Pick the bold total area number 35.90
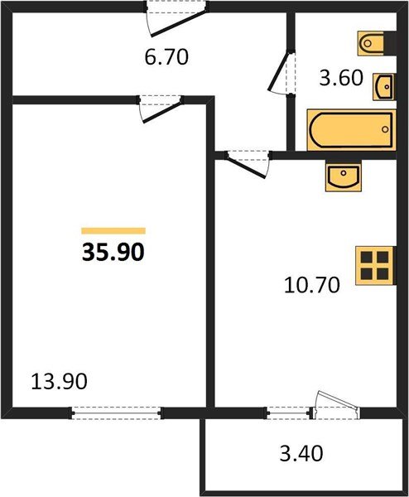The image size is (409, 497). [x=113, y=252]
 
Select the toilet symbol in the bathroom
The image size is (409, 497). [x=371, y=41]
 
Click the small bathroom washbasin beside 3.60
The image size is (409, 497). [x=384, y=84]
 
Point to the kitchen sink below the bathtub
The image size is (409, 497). [x=343, y=176]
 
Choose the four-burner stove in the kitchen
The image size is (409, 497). [x=373, y=266]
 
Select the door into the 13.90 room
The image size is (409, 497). [x=161, y=109]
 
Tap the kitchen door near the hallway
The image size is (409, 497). [x=247, y=161]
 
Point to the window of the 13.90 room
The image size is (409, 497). [x=116, y=412]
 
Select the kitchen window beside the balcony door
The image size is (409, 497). [x=289, y=412]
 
